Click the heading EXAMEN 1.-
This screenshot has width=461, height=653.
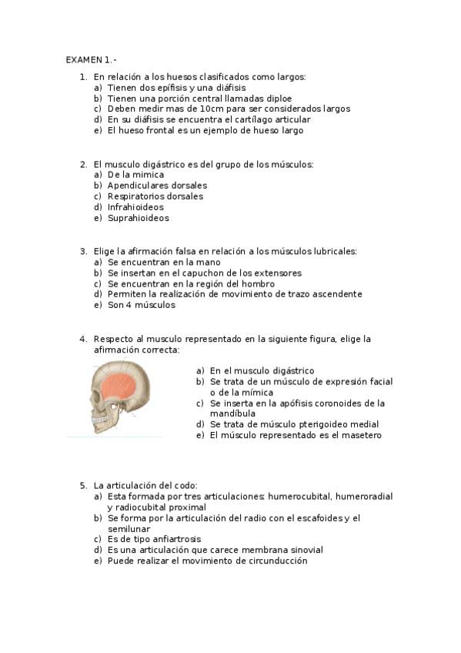(91, 59)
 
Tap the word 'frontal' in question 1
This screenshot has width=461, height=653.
(164, 130)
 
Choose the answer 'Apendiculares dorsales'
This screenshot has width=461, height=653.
(157, 186)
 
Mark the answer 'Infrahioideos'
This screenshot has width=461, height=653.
(135, 207)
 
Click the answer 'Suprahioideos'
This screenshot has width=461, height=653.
(138, 218)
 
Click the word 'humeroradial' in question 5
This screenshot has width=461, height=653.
(364, 497)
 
